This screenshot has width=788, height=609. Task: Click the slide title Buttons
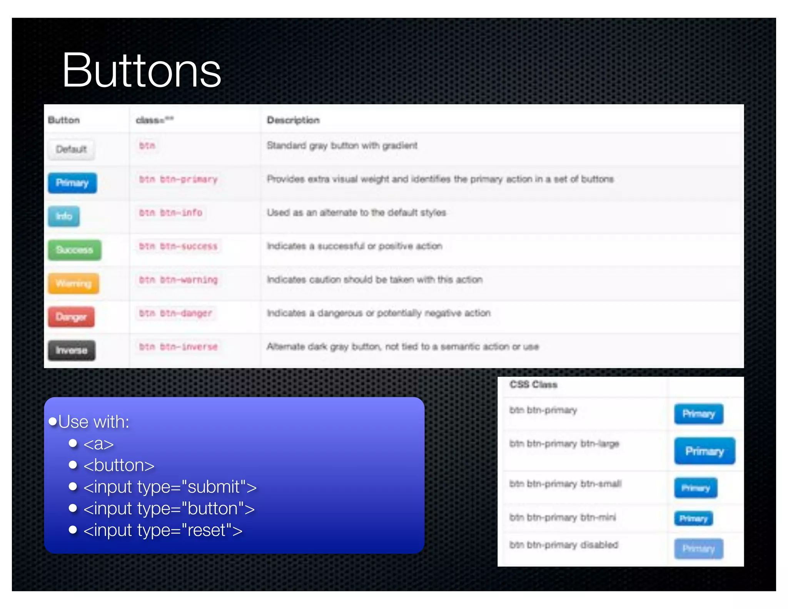[x=141, y=71]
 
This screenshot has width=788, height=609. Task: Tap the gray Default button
[x=71, y=149]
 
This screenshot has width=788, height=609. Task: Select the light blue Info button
[x=64, y=216]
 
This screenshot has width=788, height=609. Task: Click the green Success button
[x=75, y=250]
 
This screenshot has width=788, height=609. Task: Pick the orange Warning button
[x=73, y=283]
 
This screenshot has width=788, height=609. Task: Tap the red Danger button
[x=71, y=317]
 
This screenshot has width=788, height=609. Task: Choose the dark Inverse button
[x=72, y=350]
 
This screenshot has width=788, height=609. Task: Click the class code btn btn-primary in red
[x=178, y=179]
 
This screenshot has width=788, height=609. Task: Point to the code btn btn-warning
[x=178, y=280]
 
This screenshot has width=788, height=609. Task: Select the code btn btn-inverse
[x=178, y=347]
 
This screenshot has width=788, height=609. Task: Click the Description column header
[x=293, y=120]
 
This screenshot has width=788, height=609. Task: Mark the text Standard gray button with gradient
[x=342, y=146]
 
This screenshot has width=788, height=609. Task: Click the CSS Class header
[x=533, y=385]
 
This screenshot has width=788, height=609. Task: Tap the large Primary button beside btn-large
[x=705, y=451]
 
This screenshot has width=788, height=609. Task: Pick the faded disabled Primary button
[x=699, y=549]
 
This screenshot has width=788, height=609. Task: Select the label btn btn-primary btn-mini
[x=563, y=517]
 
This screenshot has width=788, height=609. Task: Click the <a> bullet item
[x=98, y=444]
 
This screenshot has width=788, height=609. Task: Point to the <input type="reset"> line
[x=163, y=530]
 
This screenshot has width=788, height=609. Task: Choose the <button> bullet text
[x=119, y=465]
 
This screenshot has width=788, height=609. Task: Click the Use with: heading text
[x=93, y=422]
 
